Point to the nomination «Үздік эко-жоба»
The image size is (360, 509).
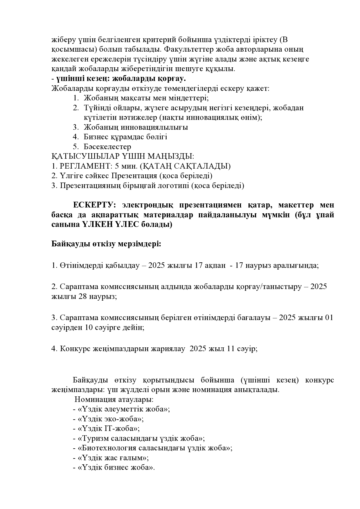pos(111,419)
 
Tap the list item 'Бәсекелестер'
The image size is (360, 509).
pos(107,147)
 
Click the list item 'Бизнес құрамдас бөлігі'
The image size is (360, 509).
pos(125,137)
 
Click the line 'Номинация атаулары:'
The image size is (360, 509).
pos(114,400)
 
